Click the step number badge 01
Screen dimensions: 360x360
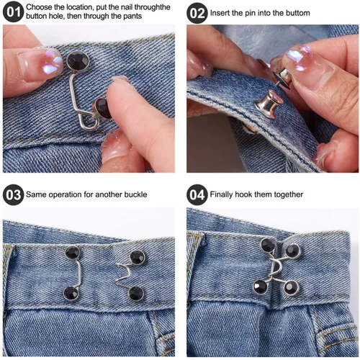(13, 12)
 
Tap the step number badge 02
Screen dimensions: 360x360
(197, 13)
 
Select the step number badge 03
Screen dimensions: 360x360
(13, 194)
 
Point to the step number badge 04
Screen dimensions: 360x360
(197, 194)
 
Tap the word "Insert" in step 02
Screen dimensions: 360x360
(220, 13)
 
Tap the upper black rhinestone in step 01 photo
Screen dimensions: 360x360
(78, 61)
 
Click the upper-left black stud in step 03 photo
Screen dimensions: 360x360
(72, 253)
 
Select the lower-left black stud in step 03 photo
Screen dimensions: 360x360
(71, 293)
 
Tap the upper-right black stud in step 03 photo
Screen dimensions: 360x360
(138, 257)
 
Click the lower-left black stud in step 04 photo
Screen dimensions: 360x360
(261, 287)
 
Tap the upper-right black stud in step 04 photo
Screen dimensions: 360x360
(292, 251)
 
